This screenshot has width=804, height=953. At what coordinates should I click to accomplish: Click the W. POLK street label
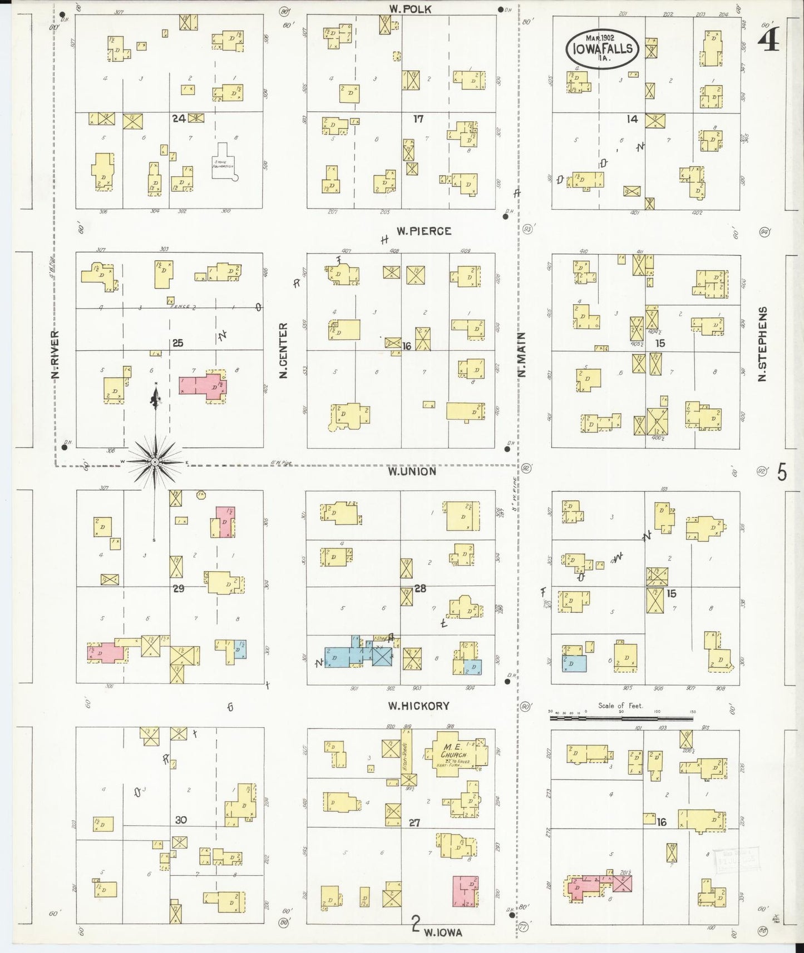tap(410, 9)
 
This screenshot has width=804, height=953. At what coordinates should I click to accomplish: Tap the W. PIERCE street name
tap(423, 231)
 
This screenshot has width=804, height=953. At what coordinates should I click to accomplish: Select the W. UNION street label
tap(412, 471)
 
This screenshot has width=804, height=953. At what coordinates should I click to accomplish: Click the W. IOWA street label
tap(443, 933)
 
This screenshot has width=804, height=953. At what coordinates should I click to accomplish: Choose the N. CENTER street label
tap(283, 351)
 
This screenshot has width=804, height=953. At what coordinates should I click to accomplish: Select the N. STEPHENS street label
tap(762, 344)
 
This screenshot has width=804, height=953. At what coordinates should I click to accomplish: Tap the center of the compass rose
tap(155, 461)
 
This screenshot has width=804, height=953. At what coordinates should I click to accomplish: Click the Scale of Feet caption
tap(620, 706)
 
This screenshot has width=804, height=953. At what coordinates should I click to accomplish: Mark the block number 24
tap(179, 118)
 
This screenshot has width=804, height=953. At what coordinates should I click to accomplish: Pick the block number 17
tap(418, 118)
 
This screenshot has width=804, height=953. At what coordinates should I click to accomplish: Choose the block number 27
tap(414, 822)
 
